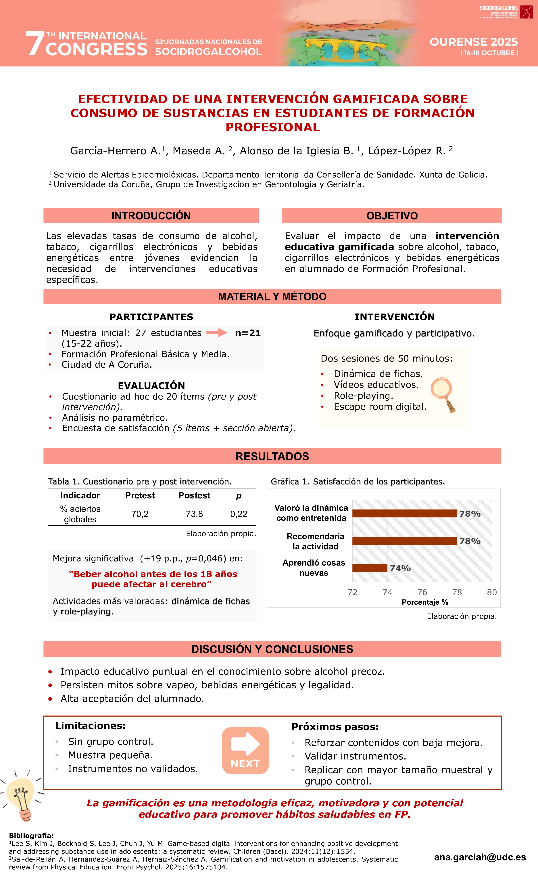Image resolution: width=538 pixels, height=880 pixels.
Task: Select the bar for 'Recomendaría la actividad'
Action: pyautogui.click(x=404, y=541)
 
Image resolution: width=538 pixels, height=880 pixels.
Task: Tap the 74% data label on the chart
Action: pyautogui.click(x=400, y=568)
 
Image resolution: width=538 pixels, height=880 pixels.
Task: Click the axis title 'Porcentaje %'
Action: pyautogui.click(x=425, y=602)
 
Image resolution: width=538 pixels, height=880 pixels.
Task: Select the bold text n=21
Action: pyautogui.click(x=248, y=333)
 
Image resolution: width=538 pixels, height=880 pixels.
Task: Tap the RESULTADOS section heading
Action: pyautogui.click(x=272, y=456)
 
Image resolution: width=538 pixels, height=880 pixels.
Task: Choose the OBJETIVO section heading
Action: pyautogui.click(x=392, y=216)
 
